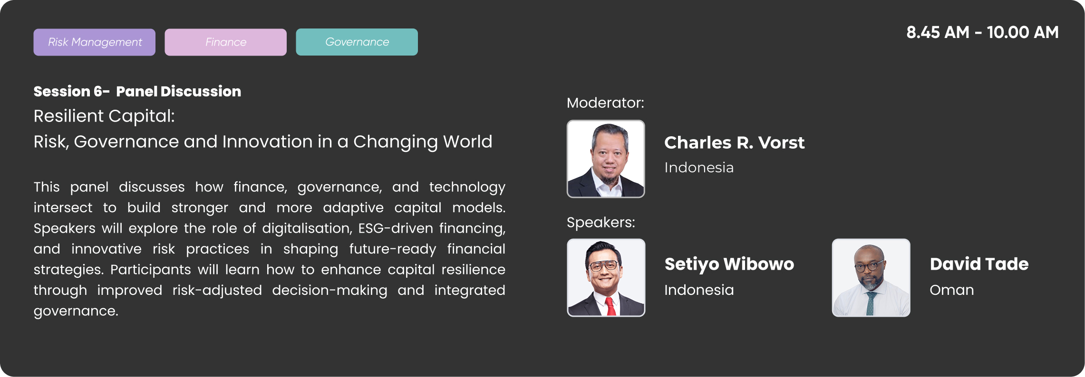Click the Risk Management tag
tap(94, 42)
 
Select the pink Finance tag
tap(225, 42)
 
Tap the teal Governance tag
tap(357, 42)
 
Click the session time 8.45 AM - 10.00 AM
tap(982, 32)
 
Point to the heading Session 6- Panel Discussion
tap(137, 91)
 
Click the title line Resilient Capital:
tap(104, 116)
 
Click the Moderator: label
tap(605, 103)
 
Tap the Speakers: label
tap(601, 222)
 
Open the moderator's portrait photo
tap(606, 159)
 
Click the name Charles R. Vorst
tap(734, 142)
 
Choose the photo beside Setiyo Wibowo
tap(606, 278)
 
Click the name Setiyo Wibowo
tap(729, 264)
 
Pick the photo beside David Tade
tap(871, 278)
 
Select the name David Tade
tap(979, 264)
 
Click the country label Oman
tap(952, 290)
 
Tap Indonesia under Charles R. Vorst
tap(699, 168)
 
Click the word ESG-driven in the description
tap(396, 228)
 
